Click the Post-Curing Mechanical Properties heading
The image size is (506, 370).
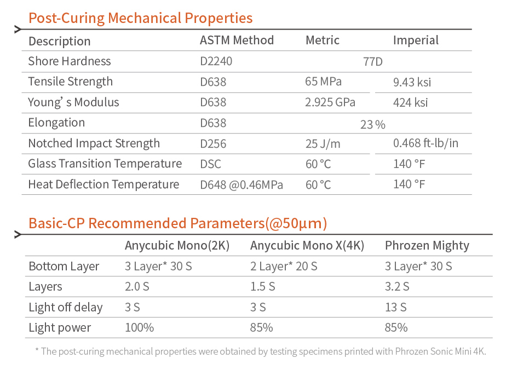[140, 18]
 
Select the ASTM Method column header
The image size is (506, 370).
[237, 41]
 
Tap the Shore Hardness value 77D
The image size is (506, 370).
[373, 62]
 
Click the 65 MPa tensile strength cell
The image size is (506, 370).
[323, 82]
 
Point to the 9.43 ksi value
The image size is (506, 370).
[412, 83]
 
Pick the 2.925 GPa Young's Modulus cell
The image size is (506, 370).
[330, 102]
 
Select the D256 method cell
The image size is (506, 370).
[213, 144]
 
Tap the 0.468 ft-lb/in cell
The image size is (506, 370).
[426, 144]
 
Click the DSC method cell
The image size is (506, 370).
[211, 164]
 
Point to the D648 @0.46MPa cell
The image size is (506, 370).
[242, 185]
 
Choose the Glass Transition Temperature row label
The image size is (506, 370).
[105, 164]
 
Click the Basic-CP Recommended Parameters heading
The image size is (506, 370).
[177, 223]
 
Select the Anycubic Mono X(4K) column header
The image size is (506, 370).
[307, 246]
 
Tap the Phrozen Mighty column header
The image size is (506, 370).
[427, 246]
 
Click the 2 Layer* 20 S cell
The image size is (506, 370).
[283, 267]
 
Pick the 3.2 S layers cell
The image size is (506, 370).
[397, 287]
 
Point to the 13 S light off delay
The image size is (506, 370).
[395, 308]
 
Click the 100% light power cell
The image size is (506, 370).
[139, 328]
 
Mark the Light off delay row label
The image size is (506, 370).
[65, 308]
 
